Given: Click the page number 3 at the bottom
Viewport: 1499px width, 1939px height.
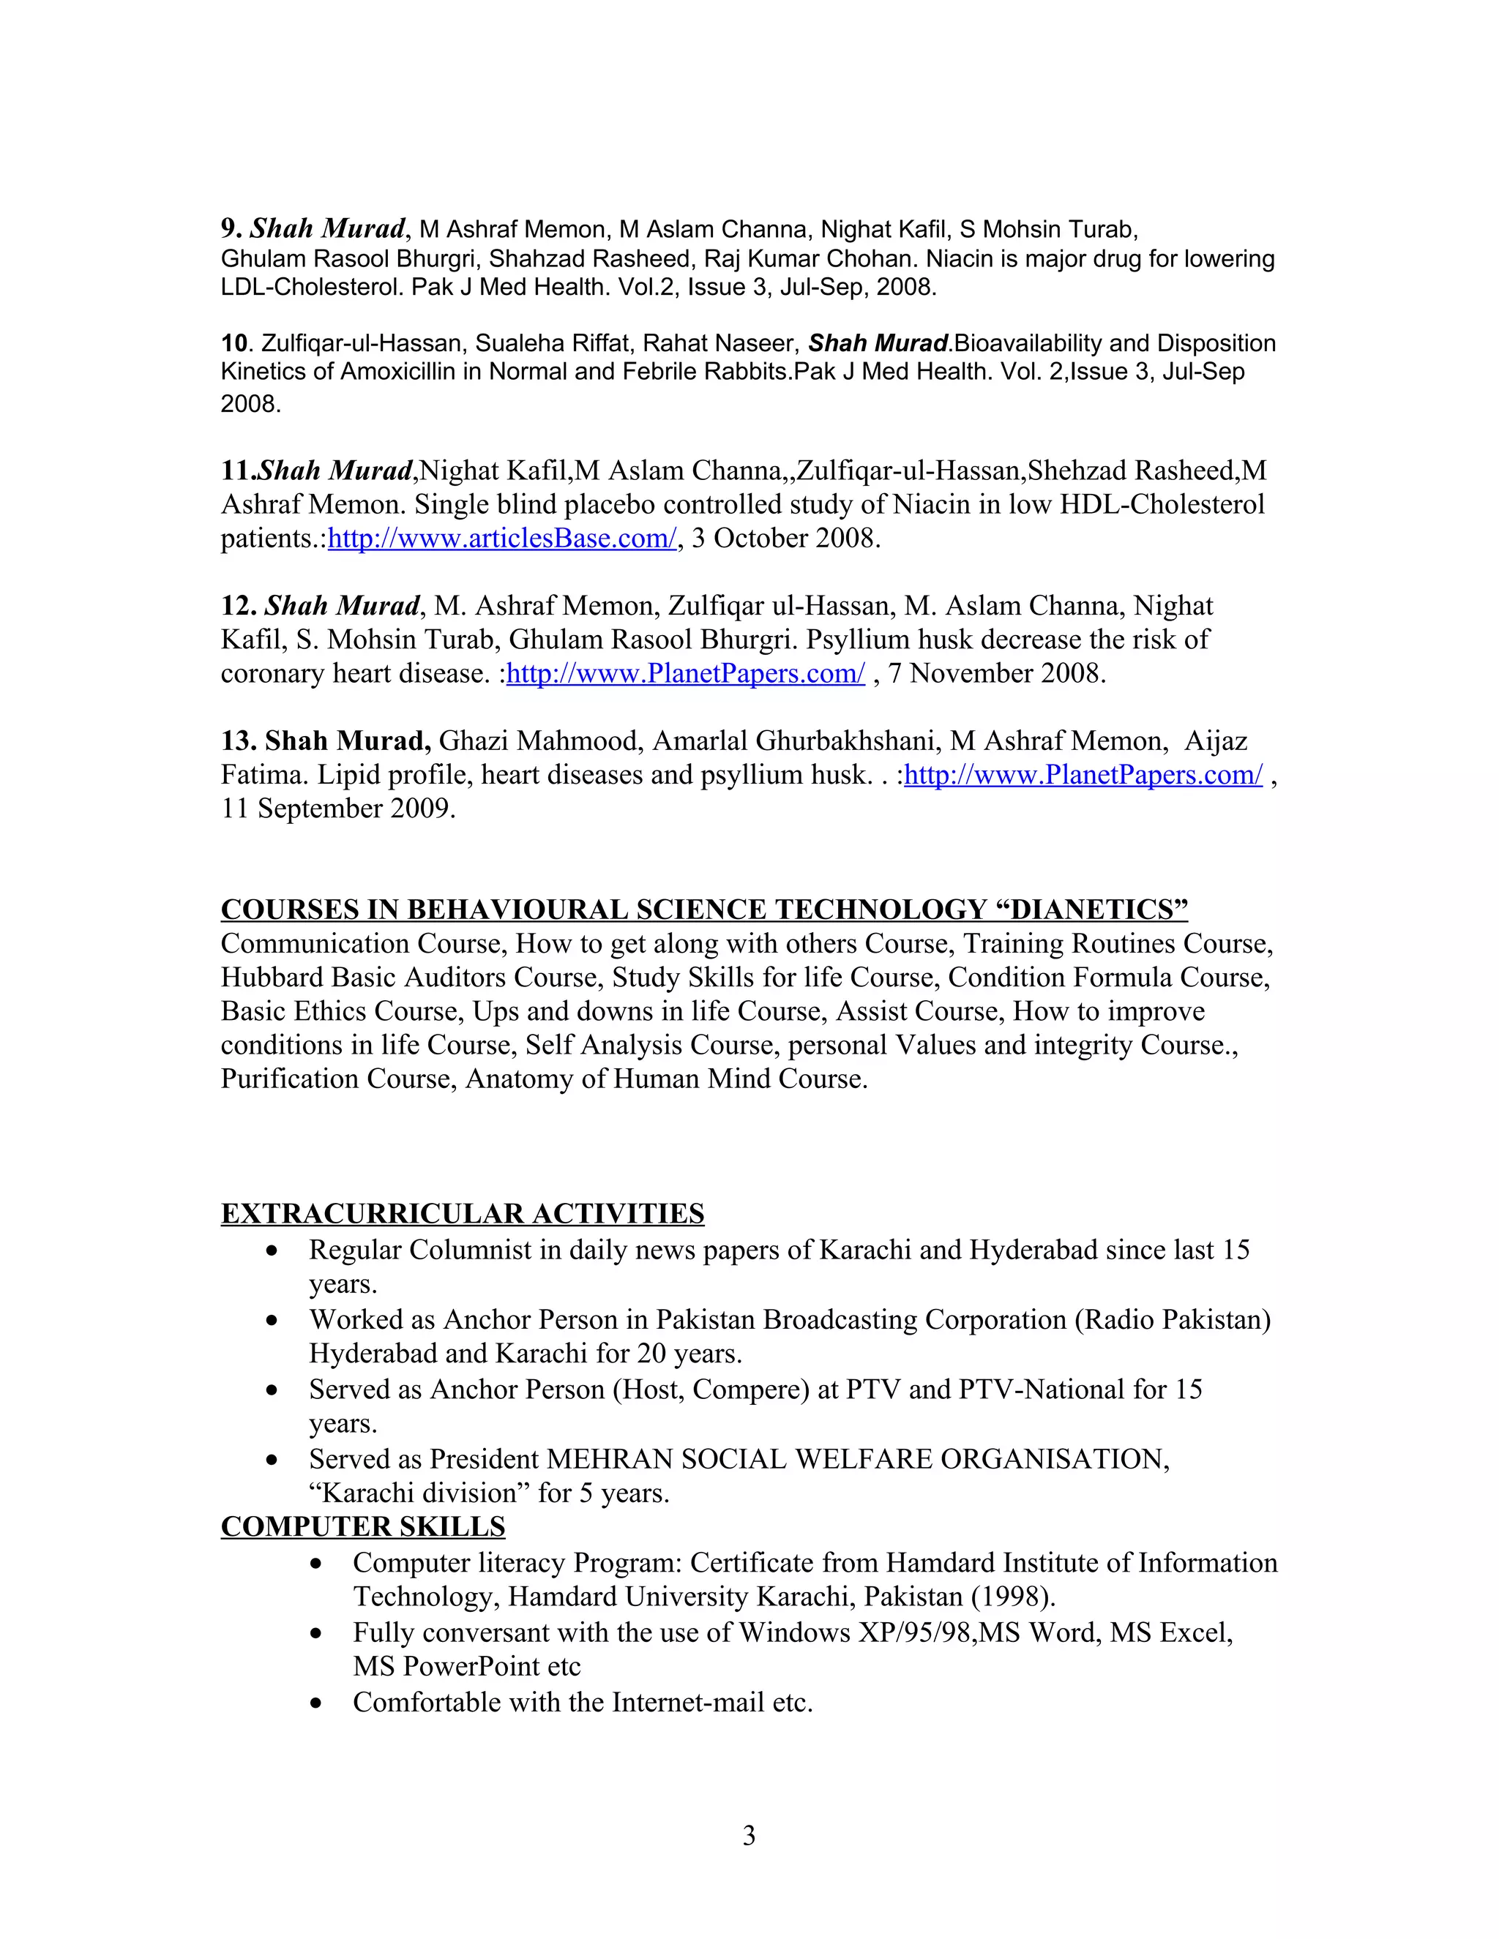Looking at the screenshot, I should (x=749, y=1835).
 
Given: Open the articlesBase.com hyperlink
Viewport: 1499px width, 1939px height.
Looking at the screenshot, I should (x=501, y=539).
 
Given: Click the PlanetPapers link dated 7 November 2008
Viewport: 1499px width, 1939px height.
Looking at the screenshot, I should (x=684, y=674).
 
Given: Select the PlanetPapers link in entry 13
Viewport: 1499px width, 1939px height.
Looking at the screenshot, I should (x=1083, y=775).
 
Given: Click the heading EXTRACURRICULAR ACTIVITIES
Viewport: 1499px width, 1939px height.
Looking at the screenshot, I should (x=462, y=1214).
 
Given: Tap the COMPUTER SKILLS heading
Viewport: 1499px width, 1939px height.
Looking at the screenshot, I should (x=362, y=1526).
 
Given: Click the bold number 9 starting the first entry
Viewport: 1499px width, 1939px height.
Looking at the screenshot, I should (x=228, y=229).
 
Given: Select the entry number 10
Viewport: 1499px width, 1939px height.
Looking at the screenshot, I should (x=233, y=344).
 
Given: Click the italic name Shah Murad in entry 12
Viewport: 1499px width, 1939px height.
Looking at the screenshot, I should (x=342, y=607).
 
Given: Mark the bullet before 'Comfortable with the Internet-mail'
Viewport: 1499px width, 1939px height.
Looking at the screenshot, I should (x=316, y=1703).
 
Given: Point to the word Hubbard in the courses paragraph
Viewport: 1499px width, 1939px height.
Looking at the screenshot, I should (x=272, y=978).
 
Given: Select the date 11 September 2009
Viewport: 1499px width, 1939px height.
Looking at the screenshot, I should (x=337, y=809).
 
